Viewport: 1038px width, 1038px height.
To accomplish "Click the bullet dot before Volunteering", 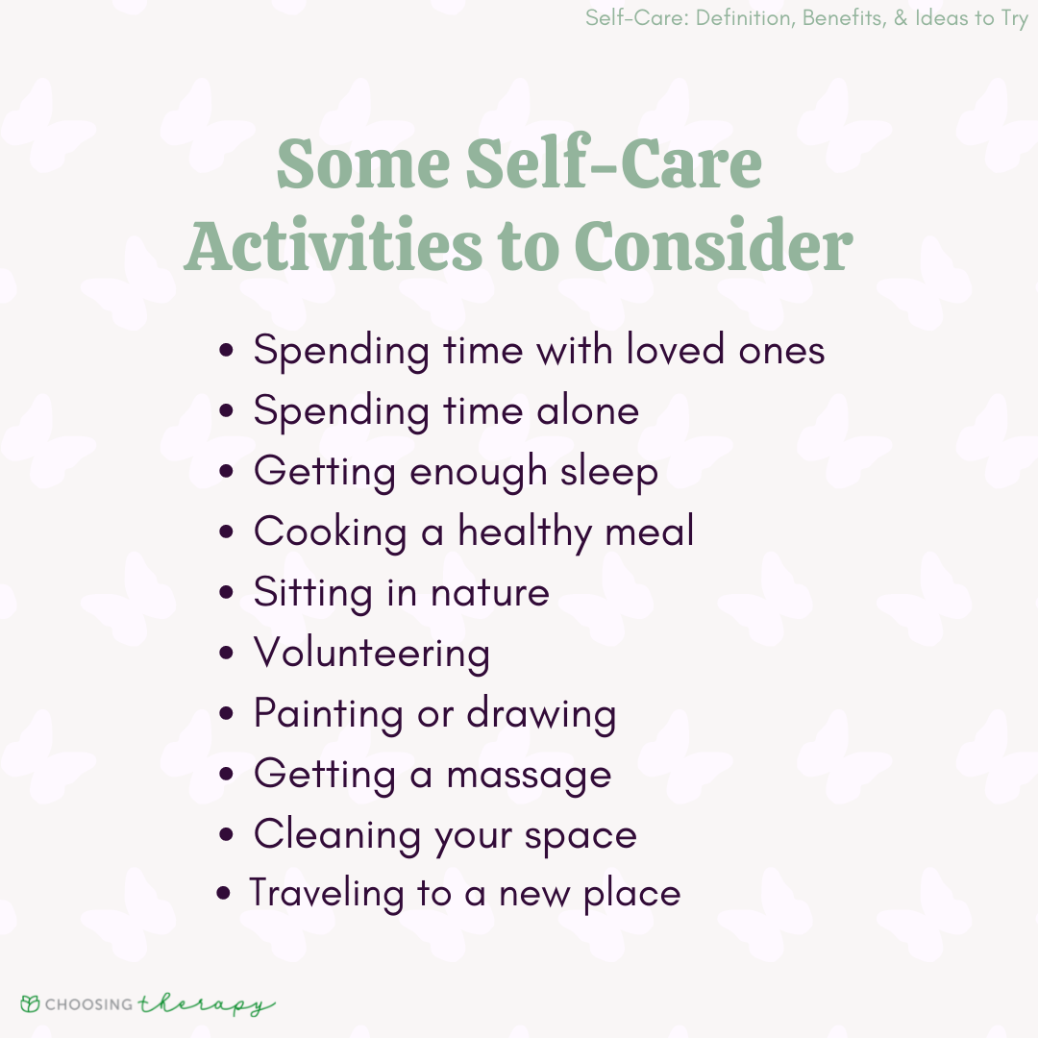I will click(x=227, y=655).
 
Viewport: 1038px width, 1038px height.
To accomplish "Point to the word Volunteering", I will click(x=372, y=654).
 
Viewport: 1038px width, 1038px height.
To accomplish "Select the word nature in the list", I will click(x=489, y=593).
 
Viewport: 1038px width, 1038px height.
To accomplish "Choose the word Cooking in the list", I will click(x=330, y=533).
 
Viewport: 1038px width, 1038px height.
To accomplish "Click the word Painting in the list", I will click(x=329, y=715).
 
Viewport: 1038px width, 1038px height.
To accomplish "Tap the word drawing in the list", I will click(x=541, y=715).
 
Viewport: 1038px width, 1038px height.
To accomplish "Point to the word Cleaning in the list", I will click(x=335, y=835).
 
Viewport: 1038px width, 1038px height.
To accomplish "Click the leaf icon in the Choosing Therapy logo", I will click(x=31, y=1004).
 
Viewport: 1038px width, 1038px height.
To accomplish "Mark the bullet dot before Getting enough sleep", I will click(x=227, y=473).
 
